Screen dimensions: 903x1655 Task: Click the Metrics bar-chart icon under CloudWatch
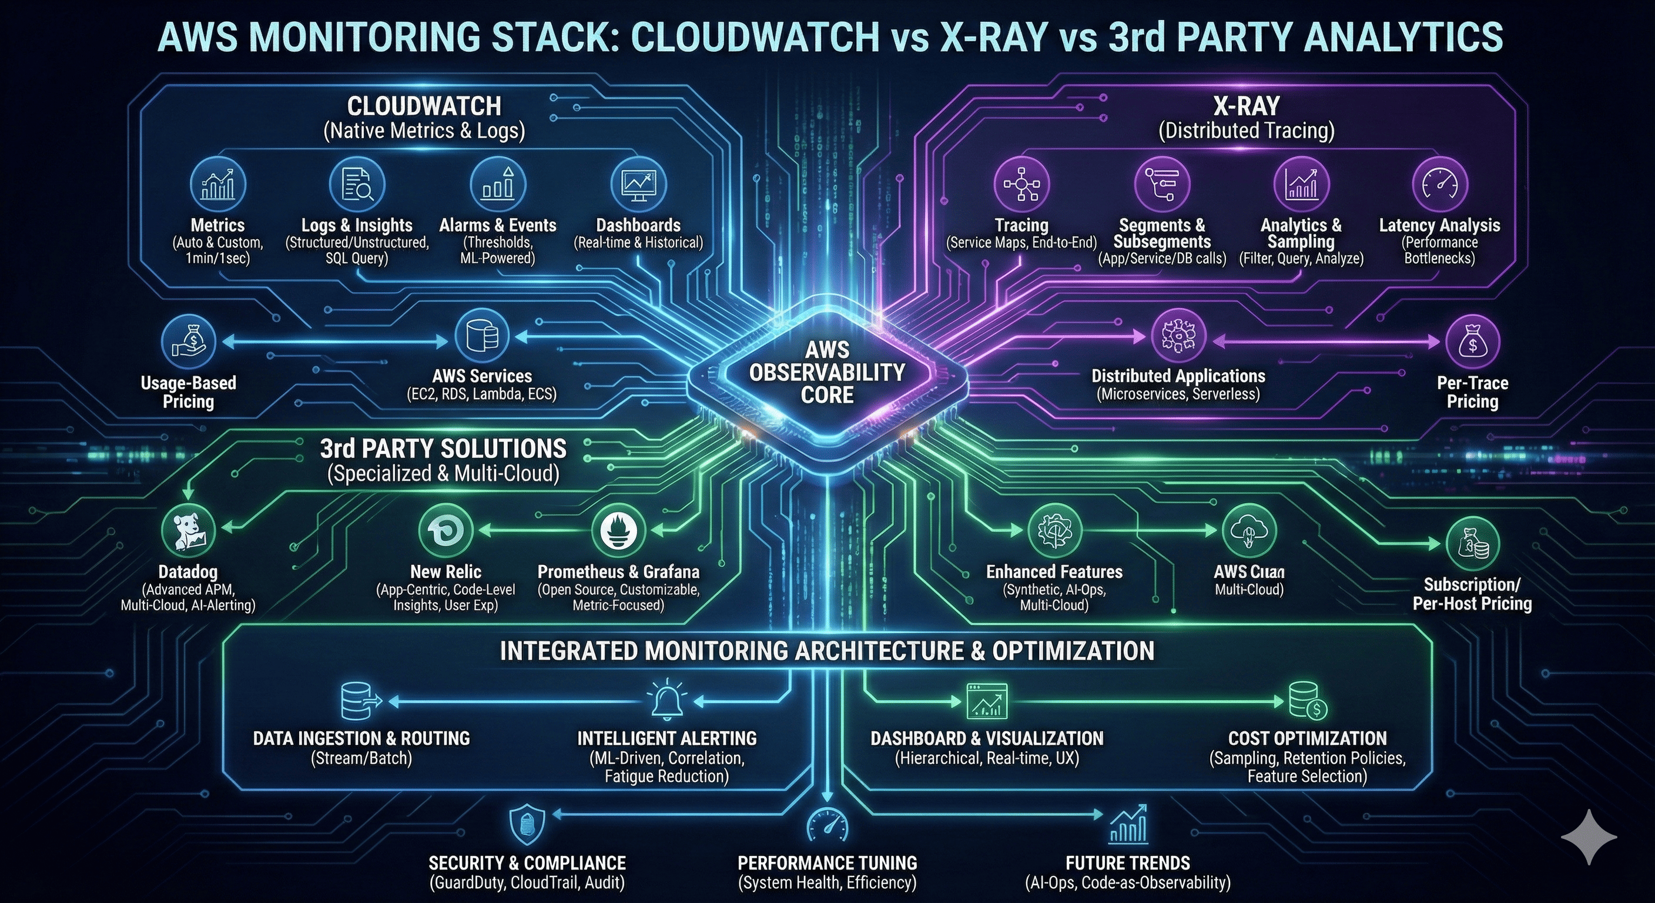click(x=218, y=184)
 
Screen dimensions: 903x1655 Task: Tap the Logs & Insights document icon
click(x=357, y=184)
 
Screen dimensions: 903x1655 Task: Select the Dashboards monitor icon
click(x=638, y=184)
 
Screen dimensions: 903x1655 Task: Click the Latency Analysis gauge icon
click(x=1439, y=184)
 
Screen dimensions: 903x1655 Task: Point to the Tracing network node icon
click(x=1021, y=184)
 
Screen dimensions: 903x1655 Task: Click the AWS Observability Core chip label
click(x=827, y=373)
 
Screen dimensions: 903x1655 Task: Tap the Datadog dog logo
click(x=189, y=530)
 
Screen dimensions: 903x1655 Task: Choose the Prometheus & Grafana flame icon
click(x=618, y=530)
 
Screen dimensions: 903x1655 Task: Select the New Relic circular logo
click(x=445, y=530)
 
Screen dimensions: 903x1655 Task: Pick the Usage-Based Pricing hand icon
click(x=189, y=340)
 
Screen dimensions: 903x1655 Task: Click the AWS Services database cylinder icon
click(x=482, y=336)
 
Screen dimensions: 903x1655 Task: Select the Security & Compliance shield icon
click(x=527, y=825)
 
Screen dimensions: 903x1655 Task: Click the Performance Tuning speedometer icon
click(x=827, y=825)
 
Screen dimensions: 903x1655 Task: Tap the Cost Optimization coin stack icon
click(x=1308, y=701)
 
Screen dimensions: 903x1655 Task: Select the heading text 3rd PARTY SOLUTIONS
click(x=443, y=449)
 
